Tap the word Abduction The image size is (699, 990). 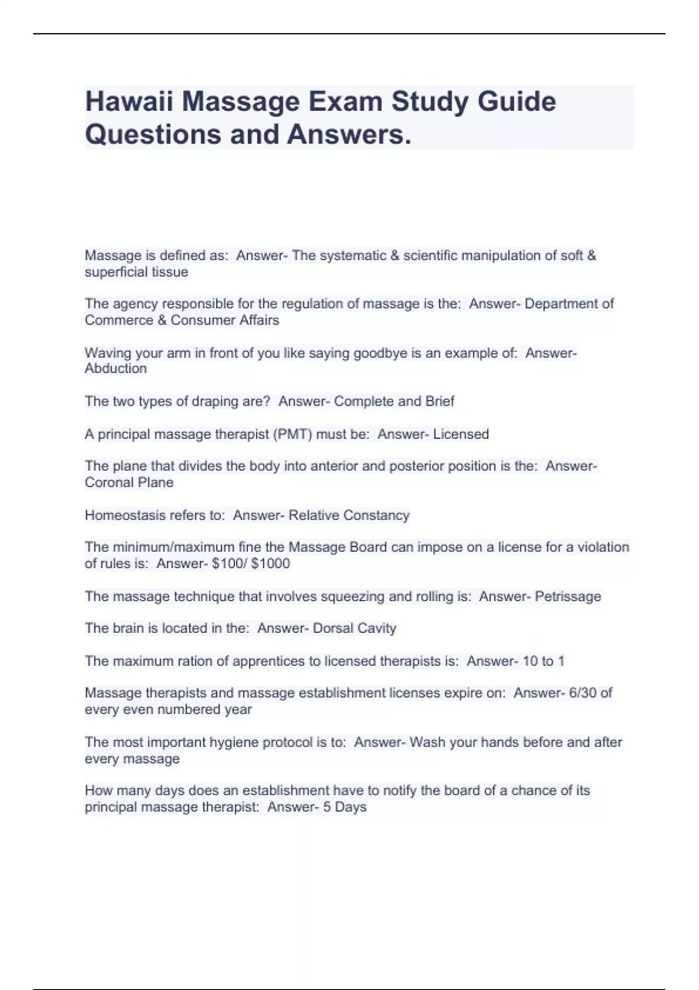point(116,369)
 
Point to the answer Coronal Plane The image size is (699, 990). point(129,483)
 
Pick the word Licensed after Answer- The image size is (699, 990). point(461,434)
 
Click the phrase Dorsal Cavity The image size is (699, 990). point(354,628)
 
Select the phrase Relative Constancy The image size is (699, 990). point(349,515)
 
